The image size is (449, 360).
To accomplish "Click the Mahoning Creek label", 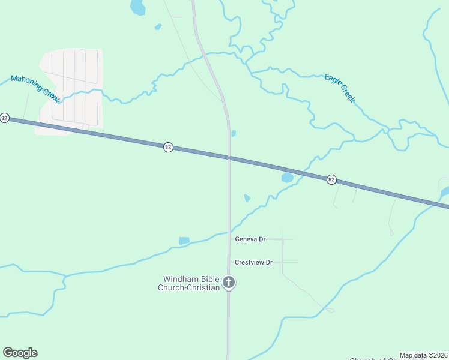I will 35,89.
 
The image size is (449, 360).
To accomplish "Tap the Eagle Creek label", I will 340,88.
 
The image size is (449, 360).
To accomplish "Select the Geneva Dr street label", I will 250,239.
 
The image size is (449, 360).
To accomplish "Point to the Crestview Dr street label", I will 253,262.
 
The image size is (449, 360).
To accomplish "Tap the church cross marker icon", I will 228,282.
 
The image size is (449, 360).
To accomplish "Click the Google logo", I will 20,353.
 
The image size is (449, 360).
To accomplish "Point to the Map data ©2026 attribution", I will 423,355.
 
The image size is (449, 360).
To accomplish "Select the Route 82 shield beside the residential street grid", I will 5,118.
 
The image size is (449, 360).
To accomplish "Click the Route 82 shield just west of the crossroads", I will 169,147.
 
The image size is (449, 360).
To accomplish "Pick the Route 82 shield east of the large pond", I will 331,179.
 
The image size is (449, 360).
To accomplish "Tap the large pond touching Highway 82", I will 288,178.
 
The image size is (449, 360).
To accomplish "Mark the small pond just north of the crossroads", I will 234,133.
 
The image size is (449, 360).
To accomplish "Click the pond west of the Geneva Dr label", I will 184,241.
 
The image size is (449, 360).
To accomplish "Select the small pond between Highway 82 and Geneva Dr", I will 247,198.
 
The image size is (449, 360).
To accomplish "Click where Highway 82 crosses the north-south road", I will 228,158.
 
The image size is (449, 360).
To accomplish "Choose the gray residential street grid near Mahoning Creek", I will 71,90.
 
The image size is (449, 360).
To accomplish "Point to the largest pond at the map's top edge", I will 138,7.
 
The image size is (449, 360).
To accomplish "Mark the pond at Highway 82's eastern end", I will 445,192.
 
